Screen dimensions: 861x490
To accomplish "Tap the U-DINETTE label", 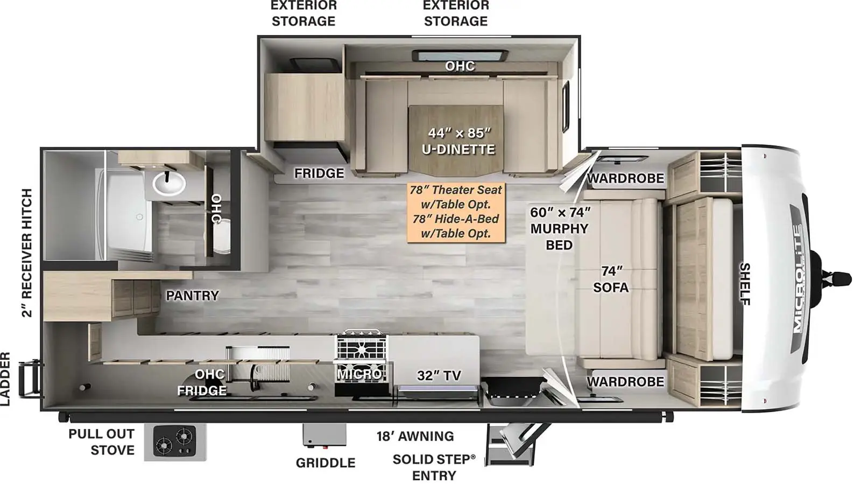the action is point(458,149).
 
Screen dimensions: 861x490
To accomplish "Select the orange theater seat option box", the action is point(456,212).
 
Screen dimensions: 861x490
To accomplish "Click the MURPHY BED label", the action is point(559,236).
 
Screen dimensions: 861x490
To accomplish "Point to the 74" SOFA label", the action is point(611,279).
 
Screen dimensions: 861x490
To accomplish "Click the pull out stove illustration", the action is point(175,442).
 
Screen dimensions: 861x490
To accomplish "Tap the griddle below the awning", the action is point(324,436).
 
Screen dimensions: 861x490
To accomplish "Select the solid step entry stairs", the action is point(515,445).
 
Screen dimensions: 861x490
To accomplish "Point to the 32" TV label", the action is point(439,375).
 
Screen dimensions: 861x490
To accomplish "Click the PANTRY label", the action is point(192,296).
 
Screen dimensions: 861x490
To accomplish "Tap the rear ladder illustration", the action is point(30,379).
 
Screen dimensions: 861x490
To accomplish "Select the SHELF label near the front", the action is point(745,284).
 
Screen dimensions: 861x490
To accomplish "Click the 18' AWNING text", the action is point(415,436).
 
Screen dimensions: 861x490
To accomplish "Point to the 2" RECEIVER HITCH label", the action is point(26,253).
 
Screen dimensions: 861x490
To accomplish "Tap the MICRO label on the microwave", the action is point(359,374).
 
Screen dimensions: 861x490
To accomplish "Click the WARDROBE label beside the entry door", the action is point(625,382).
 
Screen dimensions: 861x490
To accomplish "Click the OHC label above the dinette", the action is point(460,66).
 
